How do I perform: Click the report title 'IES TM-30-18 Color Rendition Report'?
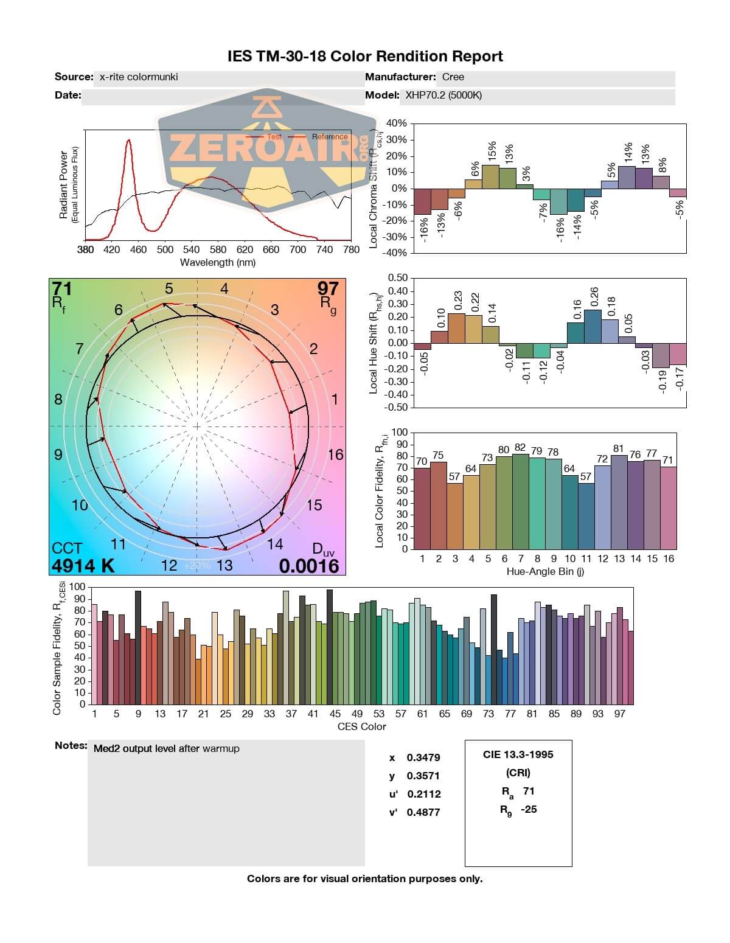pos(365,57)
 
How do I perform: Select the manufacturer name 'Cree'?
pos(453,77)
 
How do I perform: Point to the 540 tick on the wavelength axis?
pos(191,249)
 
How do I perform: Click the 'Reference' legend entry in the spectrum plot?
pos(329,137)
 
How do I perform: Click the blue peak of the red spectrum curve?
pos(129,141)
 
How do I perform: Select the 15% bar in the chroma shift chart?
pos(490,176)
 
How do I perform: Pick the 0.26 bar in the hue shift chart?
pos(593,326)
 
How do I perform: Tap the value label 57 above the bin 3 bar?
pos(454,477)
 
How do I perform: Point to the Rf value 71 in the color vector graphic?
pos(62,288)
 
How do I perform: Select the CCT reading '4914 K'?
pos(83,566)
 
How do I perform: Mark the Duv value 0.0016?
pos(308,566)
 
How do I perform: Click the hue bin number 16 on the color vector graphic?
pos(335,454)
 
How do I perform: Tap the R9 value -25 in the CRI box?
pos(529,810)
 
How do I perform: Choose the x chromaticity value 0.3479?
pos(423,758)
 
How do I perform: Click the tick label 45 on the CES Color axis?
pos(335,714)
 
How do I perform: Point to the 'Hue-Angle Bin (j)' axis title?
pos(545,572)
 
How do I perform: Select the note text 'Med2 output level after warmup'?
pos(166,749)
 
